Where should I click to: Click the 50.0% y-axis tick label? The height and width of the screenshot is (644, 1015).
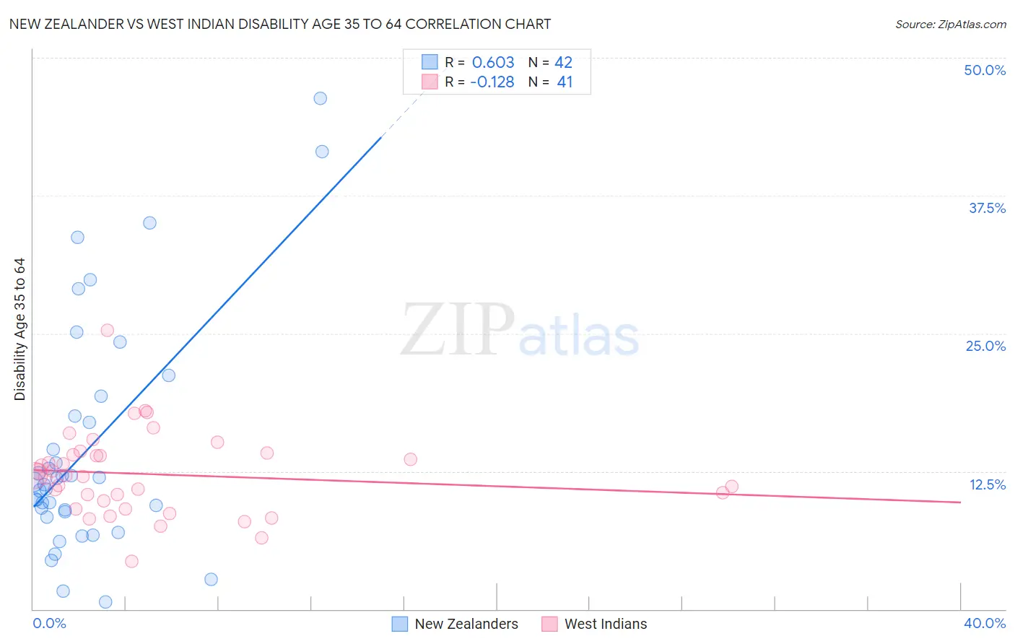pyautogui.click(x=984, y=70)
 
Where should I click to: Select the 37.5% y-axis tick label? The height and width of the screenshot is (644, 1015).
pyautogui.click(x=987, y=208)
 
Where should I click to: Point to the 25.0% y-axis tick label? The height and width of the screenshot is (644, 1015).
pyautogui.click(x=985, y=346)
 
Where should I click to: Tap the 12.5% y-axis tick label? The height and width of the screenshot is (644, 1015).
pyautogui.click(x=987, y=484)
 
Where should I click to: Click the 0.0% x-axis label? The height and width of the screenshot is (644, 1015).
pyautogui.click(x=49, y=623)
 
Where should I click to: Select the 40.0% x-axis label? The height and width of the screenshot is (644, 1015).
pyautogui.click(x=984, y=623)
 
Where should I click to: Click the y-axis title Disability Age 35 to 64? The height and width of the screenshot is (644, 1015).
pyautogui.click(x=19, y=329)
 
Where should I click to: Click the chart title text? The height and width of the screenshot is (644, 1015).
pyautogui.click(x=279, y=24)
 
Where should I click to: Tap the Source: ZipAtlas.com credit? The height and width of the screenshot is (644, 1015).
pyautogui.click(x=950, y=25)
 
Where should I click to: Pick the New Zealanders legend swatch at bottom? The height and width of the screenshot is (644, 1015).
pyautogui.click(x=400, y=624)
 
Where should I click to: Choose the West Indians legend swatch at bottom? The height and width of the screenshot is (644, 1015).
pyautogui.click(x=549, y=624)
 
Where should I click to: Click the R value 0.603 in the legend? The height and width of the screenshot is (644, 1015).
pyautogui.click(x=493, y=63)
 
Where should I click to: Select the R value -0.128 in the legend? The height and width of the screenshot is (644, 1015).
pyautogui.click(x=492, y=82)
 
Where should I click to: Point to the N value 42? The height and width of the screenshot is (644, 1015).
pyautogui.click(x=563, y=63)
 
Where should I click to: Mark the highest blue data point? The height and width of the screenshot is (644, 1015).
pyautogui.click(x=321, y=98)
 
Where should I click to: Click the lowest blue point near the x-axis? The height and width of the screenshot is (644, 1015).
pyautogui.click(x=105, y=602)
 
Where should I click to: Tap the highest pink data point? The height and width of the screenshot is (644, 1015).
pyautogui.click(x=107, y=331)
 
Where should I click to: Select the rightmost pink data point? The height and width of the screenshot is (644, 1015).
pyautogui.click(x=732, y=487)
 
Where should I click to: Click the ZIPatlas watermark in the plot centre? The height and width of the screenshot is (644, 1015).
pyautogui.click(x=520, y=331)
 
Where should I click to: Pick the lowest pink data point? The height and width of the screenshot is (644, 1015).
pyautogui.click(x=131, y=561)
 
